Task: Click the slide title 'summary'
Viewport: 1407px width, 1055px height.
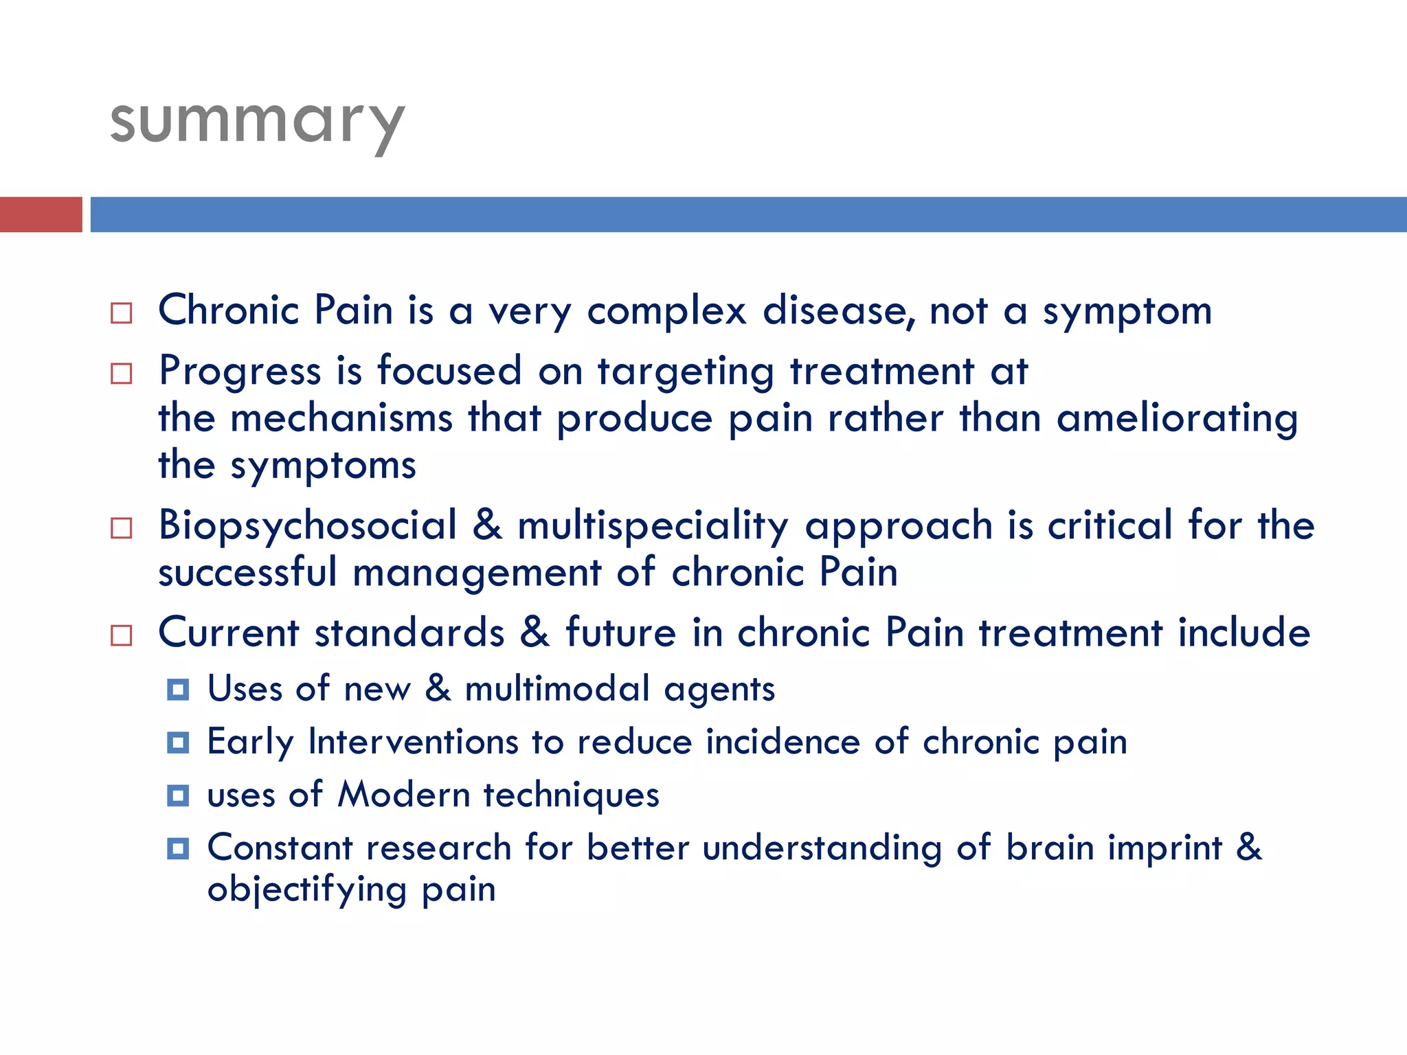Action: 257,124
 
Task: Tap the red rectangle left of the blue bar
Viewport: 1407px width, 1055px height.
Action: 41,214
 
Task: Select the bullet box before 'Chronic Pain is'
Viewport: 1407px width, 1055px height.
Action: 122,313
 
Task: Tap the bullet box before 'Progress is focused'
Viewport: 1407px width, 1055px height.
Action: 122,374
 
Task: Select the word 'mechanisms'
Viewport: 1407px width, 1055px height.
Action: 341,418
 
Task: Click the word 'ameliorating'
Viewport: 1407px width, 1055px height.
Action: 1177,420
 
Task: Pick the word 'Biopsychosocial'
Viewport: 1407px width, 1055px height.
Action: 308,526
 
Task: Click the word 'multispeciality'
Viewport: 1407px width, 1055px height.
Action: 653,527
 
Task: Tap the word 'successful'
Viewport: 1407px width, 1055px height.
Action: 247,573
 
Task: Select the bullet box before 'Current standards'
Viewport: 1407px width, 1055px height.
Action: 122,635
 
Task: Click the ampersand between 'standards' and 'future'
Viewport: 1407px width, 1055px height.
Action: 534,632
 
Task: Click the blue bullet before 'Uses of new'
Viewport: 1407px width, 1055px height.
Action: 178,690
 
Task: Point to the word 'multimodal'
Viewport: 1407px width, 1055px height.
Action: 557,689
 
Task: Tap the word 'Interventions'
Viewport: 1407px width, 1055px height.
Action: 413,742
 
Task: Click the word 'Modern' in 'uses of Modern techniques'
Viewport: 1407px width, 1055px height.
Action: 404,795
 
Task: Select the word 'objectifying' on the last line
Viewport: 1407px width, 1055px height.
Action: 307,890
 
